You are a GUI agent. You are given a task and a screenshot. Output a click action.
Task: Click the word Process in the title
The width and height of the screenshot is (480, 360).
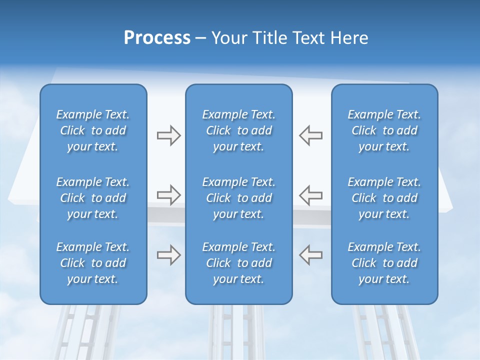(157, 38)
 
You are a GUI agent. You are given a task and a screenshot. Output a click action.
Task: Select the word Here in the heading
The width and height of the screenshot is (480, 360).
(349, 38)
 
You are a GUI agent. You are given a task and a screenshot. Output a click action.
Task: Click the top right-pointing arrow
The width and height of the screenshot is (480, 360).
(169, 135)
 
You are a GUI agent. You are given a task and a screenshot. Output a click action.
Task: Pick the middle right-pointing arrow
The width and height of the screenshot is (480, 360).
(169, 195)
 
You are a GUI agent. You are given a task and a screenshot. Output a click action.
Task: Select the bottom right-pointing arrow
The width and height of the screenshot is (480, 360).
(169, 255)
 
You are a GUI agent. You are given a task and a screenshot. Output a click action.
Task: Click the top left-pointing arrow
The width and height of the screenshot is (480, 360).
(310, 135)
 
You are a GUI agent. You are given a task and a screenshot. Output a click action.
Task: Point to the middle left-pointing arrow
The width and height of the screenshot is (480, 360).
(310, 195)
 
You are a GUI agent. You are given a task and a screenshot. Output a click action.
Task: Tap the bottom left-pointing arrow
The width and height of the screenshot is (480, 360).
(310, 255)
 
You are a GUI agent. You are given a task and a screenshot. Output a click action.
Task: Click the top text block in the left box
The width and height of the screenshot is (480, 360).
(93, 130)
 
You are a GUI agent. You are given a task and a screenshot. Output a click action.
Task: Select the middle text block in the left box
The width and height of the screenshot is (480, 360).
(93, 198)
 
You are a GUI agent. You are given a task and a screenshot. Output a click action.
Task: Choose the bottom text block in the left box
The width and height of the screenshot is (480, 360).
(93, 263)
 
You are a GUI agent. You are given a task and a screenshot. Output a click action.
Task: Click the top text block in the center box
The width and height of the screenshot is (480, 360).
(239, 130)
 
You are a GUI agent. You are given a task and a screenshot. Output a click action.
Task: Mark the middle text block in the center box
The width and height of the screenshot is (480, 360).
(239, 198)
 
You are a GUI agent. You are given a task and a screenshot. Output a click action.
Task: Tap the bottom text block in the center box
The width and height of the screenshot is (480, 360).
(239, 263)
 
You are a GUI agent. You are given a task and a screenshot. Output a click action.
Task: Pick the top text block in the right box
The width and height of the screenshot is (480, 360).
(384, 130)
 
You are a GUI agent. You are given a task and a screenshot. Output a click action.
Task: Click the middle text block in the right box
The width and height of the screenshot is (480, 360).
(384, 198)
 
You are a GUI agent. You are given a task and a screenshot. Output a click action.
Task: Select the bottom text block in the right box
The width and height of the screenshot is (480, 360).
(384, 263)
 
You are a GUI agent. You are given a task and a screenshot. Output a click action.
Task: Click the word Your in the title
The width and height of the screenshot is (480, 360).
(230, 38)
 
